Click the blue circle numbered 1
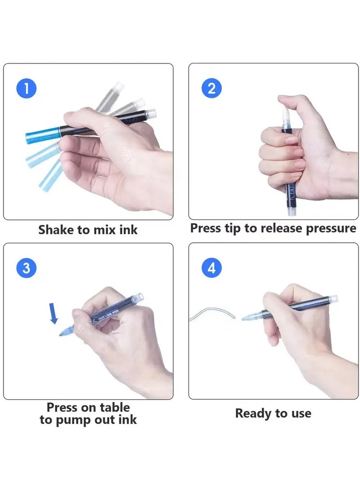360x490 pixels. [x=26, y=88]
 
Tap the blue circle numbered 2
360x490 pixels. [x=212, y=88]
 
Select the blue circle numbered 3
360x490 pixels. [x=26, y=268]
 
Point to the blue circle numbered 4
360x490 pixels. [x=212, y=268]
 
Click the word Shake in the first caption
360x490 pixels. [x=56, y=230]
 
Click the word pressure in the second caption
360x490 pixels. [x=331, y=229]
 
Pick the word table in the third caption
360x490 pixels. [x=115, y=407]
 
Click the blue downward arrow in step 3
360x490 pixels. [x=54, y=313]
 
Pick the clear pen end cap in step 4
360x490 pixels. [x=333, y=298]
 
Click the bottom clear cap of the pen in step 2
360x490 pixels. [x=291, y=212]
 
